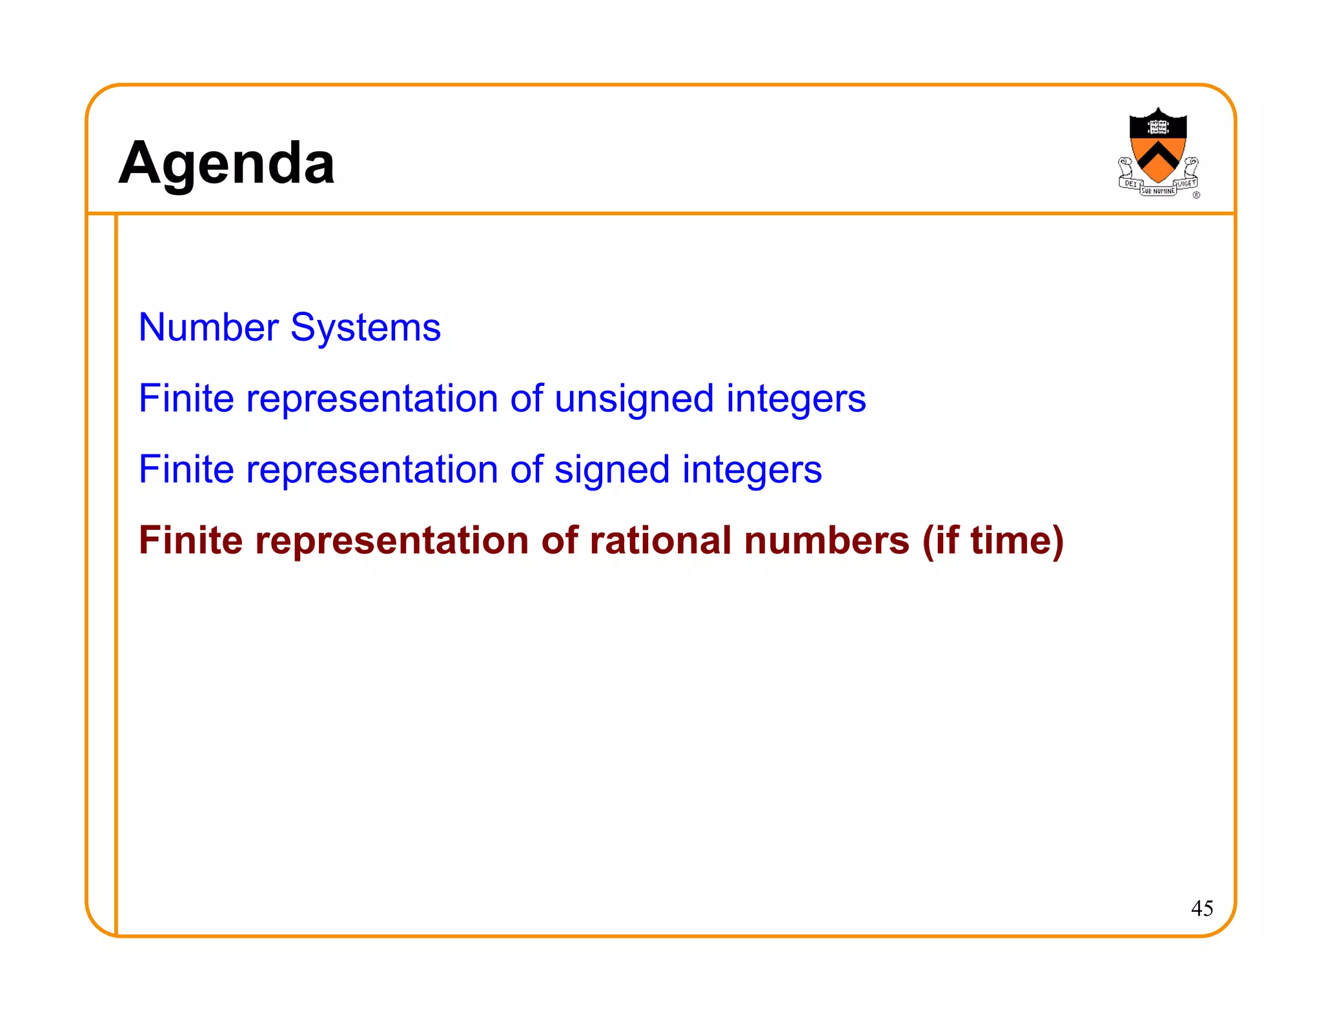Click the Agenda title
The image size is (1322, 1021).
[x=227, y=163]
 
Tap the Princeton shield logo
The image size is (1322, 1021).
[x=1158, y=152]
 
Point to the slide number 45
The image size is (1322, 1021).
[x=1202, y=909]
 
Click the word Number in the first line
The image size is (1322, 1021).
[x=208, y=327]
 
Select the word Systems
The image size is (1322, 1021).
[x=365, y=329]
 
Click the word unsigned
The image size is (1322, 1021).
[x=633, y=399]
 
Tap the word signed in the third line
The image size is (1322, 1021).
[x=611, y=470]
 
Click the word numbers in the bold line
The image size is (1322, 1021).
[x=826, y=540]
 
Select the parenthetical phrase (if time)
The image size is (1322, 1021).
[x=993, y=541]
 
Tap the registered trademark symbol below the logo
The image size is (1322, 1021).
[x=1196, y=195]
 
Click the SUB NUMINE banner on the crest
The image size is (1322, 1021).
[x=1158, y=191]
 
